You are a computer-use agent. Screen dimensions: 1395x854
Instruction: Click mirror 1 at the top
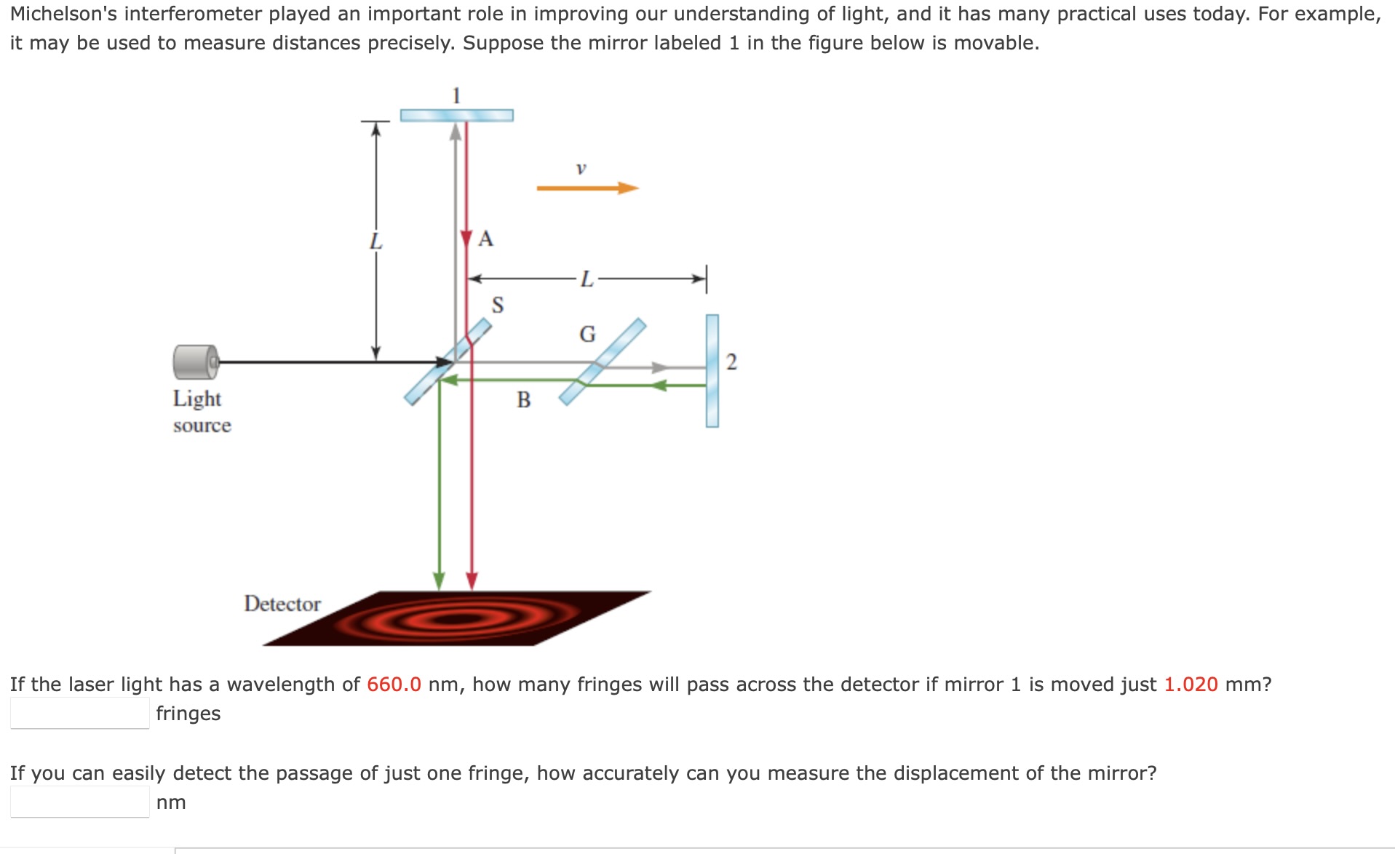[457, 115]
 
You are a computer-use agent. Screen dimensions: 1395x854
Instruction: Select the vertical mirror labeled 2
[712, 371]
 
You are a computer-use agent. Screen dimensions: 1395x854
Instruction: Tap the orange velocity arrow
[587, 188]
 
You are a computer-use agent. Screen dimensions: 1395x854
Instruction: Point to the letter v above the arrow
[581, 168]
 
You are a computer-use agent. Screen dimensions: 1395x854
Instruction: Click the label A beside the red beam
[486, 239]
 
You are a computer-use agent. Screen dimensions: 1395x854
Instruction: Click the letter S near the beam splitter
[498, 304]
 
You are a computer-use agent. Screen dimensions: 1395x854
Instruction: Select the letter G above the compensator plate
[587, 334]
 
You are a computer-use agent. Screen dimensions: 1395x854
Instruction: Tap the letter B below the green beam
[524, 399]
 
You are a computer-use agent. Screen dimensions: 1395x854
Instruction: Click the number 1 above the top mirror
[456, 95]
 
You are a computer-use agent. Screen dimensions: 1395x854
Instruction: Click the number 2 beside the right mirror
[731, 362]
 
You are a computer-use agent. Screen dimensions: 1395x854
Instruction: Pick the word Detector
[282, 604]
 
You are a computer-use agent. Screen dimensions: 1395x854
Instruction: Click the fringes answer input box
[80, 713]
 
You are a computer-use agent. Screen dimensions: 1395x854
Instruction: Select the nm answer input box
[80, 802]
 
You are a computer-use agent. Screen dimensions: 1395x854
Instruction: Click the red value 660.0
[394, 685]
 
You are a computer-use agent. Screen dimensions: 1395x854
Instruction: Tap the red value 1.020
[1191, 685]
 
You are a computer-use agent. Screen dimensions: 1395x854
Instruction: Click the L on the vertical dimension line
[375, 241]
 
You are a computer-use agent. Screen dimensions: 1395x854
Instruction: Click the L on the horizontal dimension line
[587, 279]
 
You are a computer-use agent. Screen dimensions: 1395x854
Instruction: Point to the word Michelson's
[63, 14]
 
